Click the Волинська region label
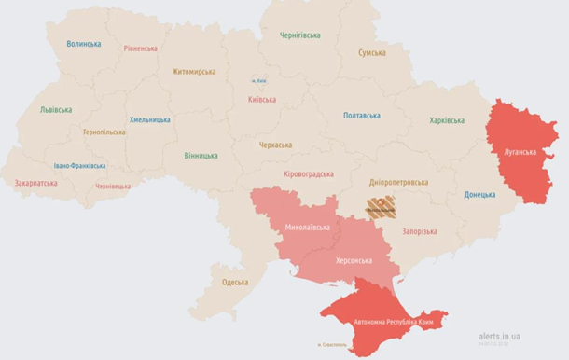click(84, 44)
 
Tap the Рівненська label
click(140, 48)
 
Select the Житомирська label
click(193, 72)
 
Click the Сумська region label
click(372, 53)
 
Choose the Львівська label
click(55, 109)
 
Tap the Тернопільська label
click(103, 132)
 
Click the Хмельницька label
click(149, 120)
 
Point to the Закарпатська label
click(35, 183)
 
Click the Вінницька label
click(201, 156)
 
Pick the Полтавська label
click(361, 116)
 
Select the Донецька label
click(479, 195)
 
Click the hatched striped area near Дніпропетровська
click(380, 207)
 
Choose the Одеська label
click(235, 282)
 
